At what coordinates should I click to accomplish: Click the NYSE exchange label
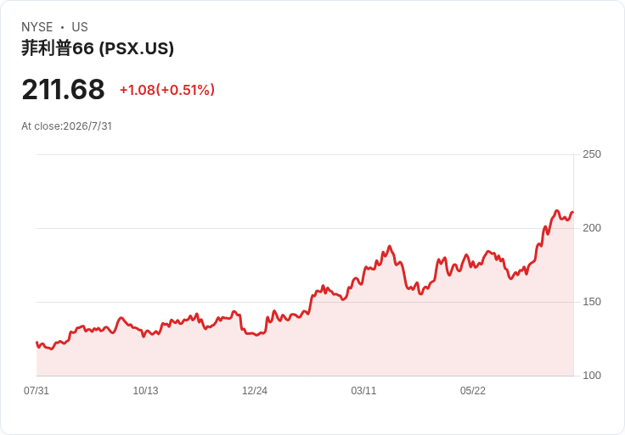click(x=37, y=27)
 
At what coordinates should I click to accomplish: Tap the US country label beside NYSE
click(x=80, y=27)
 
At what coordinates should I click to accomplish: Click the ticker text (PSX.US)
click(x=137, y=48)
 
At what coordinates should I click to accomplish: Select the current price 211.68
click(x=63, y=89)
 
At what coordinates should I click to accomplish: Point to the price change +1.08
click(x=138, y=90)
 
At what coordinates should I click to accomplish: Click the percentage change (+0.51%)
click(x=185, y=90)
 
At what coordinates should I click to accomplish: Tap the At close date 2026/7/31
click(x=87, y=126)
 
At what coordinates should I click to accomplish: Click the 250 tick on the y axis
click(x=592, y=154)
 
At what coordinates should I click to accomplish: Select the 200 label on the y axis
click(x=592, y=228)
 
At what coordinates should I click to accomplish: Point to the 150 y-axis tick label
click(x=592, y=302)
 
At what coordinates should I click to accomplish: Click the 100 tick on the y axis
click(x=592, y=376)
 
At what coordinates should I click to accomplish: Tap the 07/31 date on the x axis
click(x=37, y=391)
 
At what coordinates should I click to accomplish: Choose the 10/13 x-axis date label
click(x=145, y=391)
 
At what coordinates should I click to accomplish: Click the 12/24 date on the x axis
click(x=255, y=391)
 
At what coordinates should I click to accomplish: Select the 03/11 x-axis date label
click(x=363, y=391)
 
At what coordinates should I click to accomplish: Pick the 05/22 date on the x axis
click(x=473, y=391)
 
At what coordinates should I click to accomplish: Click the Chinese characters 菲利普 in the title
click(x=46, y=48)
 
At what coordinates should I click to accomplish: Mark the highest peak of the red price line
click(x=557, y=210)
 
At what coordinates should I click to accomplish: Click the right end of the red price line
click(x=573, y=212)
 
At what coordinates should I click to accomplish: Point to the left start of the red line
click(x=37, y=343)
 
